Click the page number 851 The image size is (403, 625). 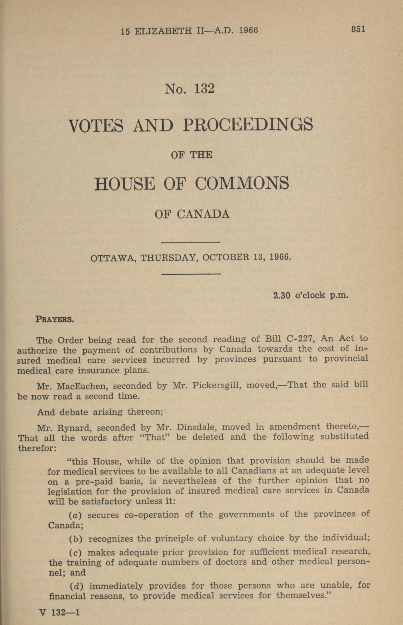pos(358,29)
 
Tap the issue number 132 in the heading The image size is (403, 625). pos(204,89)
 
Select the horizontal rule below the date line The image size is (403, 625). pos(191,274)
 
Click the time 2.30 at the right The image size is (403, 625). pos(282,296)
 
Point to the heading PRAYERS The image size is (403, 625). pos(55,320)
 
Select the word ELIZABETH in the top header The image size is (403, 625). pos(164,31)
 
